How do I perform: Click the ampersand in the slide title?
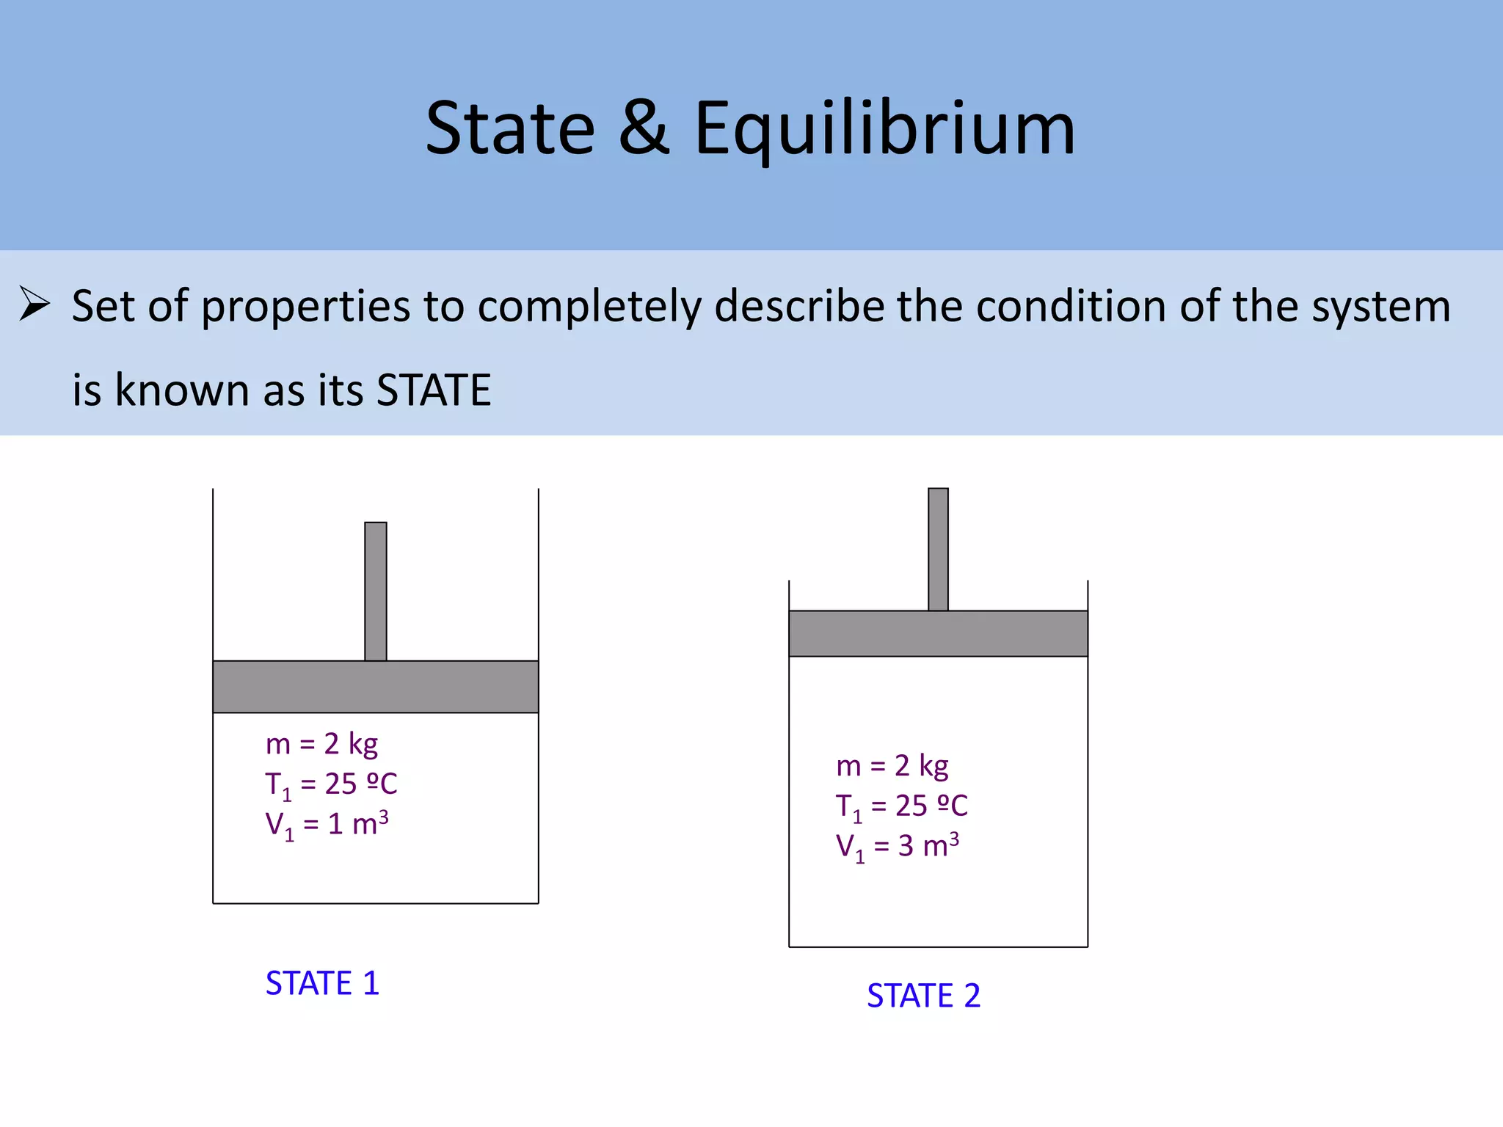coord(644,128)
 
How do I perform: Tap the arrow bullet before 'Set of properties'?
coord(34,304)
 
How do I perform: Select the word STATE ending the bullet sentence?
coord(433,390)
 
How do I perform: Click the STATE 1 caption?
coord(322,983)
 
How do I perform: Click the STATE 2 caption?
coord(923,996)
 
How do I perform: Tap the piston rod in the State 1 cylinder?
coord(376,591)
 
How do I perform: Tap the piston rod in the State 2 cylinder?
coord(938,549)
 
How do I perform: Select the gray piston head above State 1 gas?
coord(376,687)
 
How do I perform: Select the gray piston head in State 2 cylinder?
coord(938,633)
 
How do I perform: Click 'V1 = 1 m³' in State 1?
coord(327,825)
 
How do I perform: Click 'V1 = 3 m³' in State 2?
coord(897,847)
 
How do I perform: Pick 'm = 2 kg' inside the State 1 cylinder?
coord(321,744)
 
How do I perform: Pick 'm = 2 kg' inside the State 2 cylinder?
coord(892,766)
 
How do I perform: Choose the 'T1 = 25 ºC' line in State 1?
coord(331,784)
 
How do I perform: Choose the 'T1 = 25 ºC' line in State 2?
coord(901,806)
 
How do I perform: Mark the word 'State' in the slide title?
coord(510,129)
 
